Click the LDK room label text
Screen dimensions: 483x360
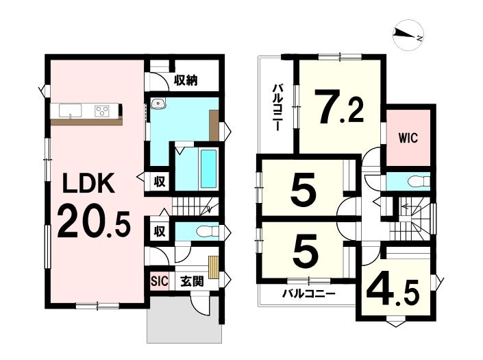pos(88,183)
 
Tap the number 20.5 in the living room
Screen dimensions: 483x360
pos(95,221)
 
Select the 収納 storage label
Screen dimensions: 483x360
pos(186,80)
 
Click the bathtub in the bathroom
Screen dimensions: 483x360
pos(209,169)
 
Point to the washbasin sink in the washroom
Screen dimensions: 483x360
pos(158,104)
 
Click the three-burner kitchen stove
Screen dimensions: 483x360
pos(101,110)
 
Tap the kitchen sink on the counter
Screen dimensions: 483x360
pos(71,110)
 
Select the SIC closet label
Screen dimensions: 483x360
pos(160,280)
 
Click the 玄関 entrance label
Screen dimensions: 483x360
pos(192,280)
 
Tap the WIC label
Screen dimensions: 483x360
pos(408,138)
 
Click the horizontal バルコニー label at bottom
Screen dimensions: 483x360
pos(309,293)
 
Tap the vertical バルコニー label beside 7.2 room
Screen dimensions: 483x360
pos(277,108)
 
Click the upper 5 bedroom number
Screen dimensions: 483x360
pos(304,189)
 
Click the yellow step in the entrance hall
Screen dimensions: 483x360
pos(213,267)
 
